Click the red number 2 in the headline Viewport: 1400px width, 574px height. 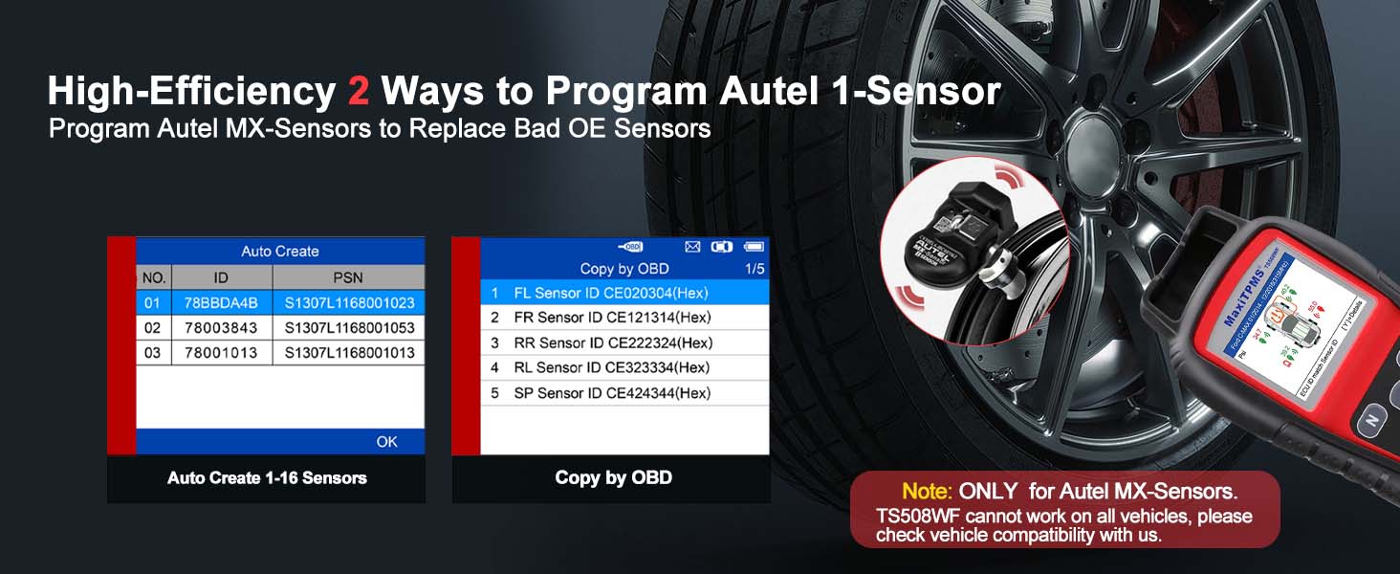click(359, 92)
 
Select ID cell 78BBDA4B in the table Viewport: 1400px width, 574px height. click(221, 303)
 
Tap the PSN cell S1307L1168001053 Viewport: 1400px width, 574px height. click(349, 328)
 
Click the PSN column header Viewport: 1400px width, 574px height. click(348, 277)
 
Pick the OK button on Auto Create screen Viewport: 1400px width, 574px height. click(386, 441)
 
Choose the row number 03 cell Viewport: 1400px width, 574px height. click(153, 353)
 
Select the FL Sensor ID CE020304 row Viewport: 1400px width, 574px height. click(624, 292)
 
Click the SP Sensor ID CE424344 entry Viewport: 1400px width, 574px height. click(624, 393)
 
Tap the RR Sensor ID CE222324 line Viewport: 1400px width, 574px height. click(624, 342)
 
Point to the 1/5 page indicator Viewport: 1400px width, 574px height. click(755, 269)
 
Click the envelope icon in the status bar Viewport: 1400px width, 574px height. click(692, 247)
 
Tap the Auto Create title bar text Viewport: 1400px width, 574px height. click(279, 252)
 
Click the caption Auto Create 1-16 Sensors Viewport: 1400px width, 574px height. click(267, 477)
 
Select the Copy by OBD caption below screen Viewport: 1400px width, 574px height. click(613, 477)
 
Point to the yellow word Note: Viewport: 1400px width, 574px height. click(927, 492)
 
